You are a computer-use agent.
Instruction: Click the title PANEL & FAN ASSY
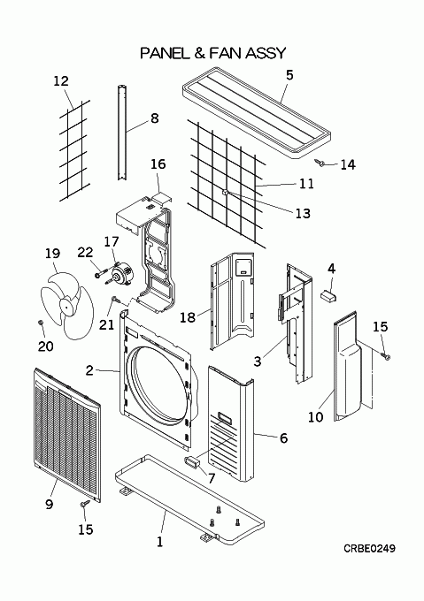[213, 53]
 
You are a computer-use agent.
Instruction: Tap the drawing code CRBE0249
[369, 549]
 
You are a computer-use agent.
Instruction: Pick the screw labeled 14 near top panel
[320, 164]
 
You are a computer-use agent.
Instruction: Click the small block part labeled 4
[328, 295]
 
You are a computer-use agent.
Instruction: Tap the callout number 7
[212, 478]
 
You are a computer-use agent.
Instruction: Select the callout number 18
[188, 317]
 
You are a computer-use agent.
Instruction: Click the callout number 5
[289, 75]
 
